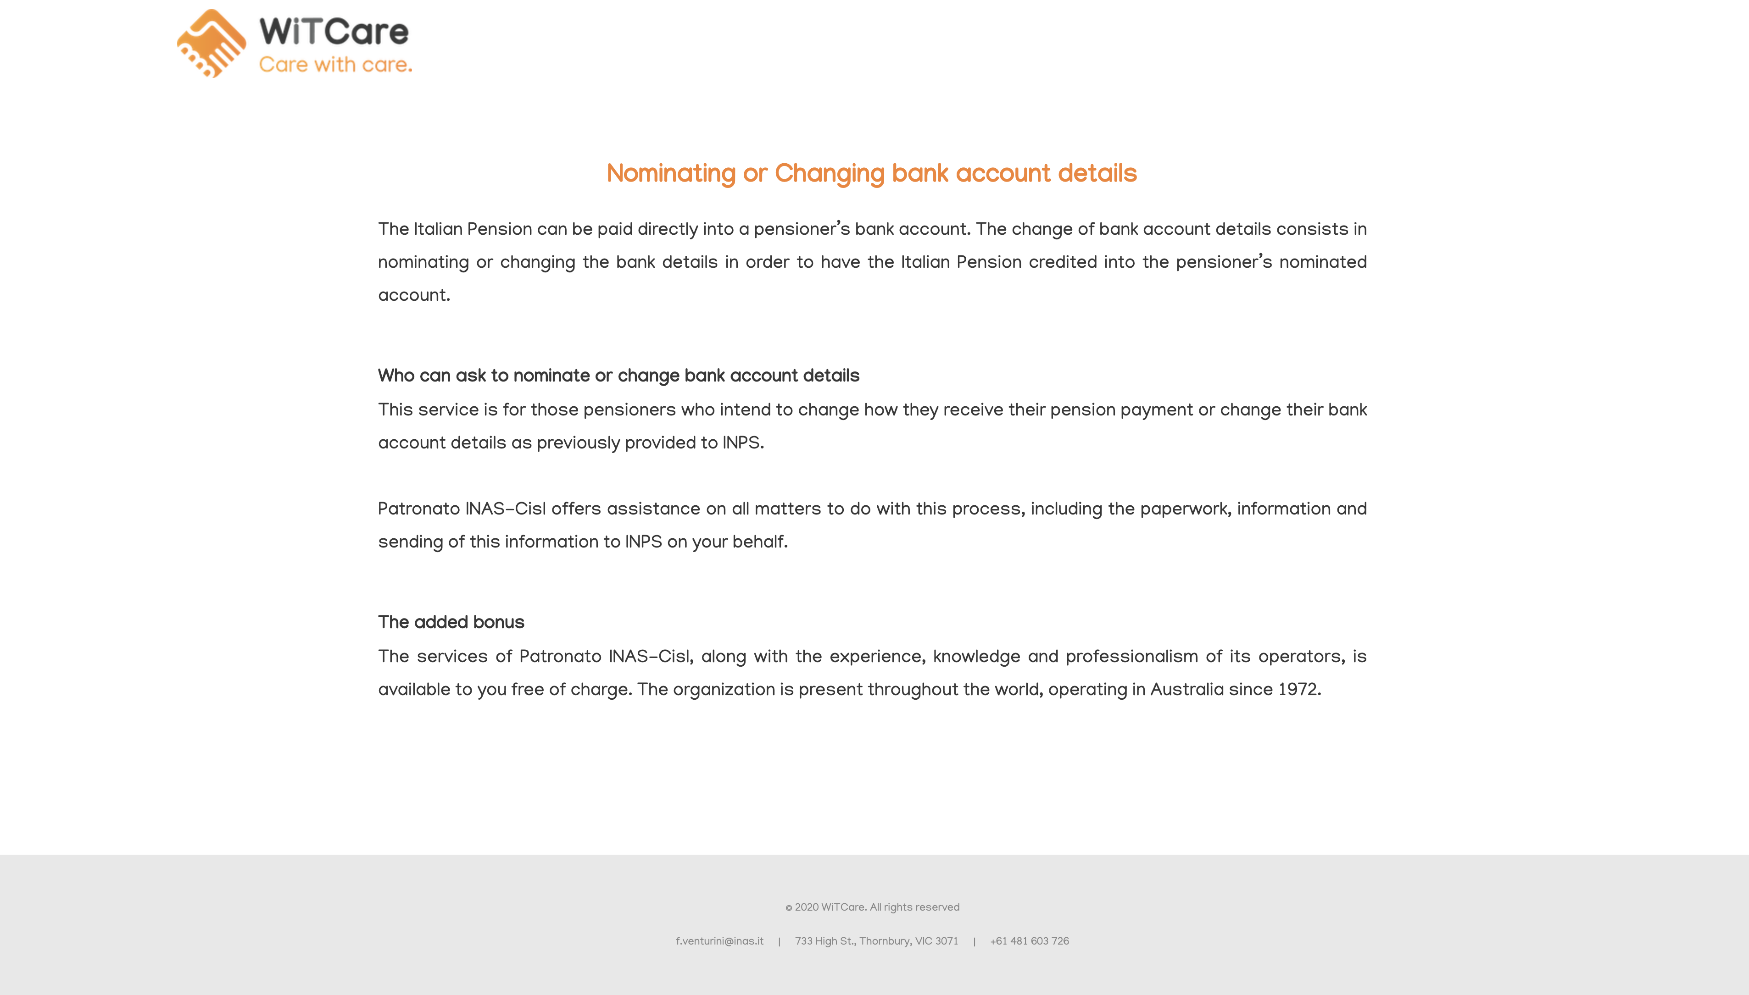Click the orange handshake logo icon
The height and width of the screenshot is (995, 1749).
pos(211,44)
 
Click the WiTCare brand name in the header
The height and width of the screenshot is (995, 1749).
pos(334,32)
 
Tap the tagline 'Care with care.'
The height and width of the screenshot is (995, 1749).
pos(335,65)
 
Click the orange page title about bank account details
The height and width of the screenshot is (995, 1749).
pos(871,174)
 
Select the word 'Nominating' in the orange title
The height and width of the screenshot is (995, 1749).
pos(671,174)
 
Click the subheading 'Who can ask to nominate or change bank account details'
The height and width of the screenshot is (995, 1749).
pos(618,376)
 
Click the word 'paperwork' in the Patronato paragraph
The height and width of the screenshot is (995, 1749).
pos(1184,509)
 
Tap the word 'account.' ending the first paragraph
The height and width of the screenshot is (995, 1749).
pos(414,296)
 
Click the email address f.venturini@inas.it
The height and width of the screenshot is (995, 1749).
pos(719,941)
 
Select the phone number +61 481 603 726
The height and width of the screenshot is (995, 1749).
pos(1029,941)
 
